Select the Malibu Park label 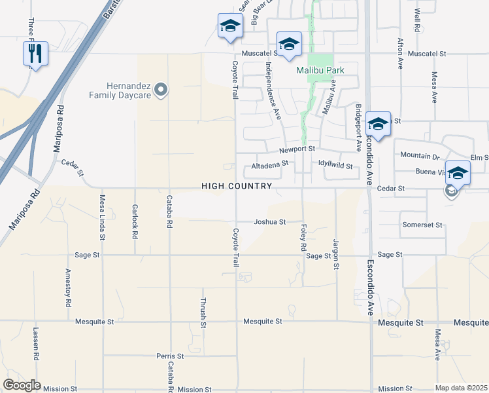[320, 70]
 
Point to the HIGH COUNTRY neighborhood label [236, 187]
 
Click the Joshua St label [269, 222]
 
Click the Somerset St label [422, 225]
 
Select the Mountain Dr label [419, 156]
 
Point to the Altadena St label [269, 167]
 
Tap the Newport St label [297, 150]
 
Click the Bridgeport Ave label [358, 124]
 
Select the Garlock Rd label [135, 222]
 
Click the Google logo [22, 385]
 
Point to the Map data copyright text [461, 388]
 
